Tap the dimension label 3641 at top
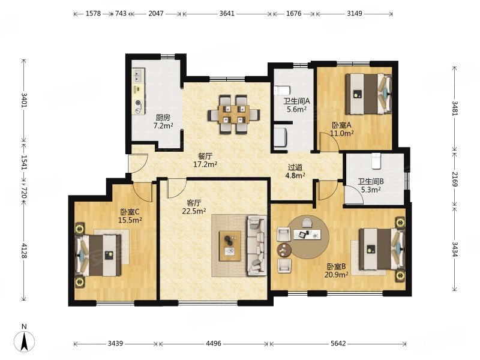tap(227, 13)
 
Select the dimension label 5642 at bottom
tap(338, 343)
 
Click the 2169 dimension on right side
tap(454, 179)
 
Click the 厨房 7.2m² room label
tap(163, 122)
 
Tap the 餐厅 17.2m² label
tap(205, 160)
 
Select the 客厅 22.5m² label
tap(194, 207)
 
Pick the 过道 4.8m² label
tap(295, 172)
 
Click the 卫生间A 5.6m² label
tap(296, 105)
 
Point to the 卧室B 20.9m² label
tap(336, 271)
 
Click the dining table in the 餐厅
tap(234, 115)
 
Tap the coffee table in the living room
tap(230, 246)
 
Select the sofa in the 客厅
tap(257, 245)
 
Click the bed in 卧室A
tap(369, 94)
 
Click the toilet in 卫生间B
tap(376, 161)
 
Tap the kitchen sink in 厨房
tap(139, 76)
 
